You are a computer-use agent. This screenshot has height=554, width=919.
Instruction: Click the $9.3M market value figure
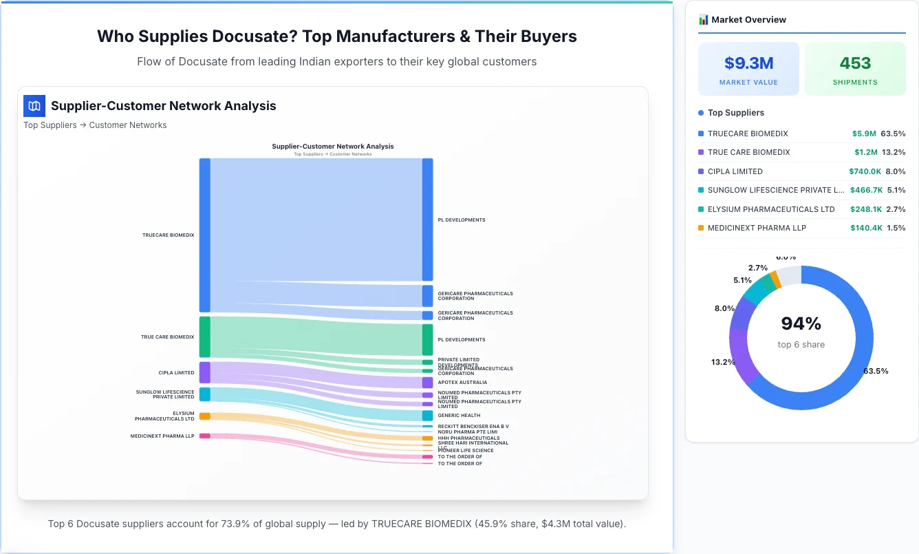click(x=748, y=63)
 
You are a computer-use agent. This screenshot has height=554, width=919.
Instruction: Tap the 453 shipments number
click(x=855, y=63)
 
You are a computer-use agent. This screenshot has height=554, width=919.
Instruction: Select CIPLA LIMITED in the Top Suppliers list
click(x=735, y=171)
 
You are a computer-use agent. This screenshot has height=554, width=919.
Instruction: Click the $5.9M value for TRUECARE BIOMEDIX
click(x=863, y=134)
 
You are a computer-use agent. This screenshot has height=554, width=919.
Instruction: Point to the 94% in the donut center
click(x=801, y=323)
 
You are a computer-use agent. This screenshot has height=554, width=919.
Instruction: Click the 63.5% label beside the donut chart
click(x=876, y=371)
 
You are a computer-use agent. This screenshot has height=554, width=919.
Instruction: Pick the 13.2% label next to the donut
click(x=723, y=362)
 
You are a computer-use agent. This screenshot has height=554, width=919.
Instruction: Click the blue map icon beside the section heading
click(x=34, y=106)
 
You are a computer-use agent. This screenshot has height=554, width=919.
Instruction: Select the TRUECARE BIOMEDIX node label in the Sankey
click(x=169, y=235)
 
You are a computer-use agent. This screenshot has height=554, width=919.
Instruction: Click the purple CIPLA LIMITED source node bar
click(x=204, y=372)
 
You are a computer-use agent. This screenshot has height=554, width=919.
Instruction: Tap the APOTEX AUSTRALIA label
click(x=462, y=383)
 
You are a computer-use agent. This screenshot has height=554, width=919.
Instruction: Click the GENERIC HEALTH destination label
click(x=459, y=416)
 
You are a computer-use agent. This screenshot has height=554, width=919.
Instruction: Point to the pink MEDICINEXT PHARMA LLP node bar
click(x=204, y=436)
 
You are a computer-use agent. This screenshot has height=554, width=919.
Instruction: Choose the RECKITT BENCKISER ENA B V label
click(x=473, y=427)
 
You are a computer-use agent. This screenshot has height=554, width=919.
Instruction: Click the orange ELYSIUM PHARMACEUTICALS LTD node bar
click(x=204, y=416)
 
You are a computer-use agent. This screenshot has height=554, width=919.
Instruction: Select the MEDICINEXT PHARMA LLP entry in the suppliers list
click(x=757, y=228)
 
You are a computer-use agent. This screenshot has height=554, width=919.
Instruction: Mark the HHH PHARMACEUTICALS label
click(x=468, y=438)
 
